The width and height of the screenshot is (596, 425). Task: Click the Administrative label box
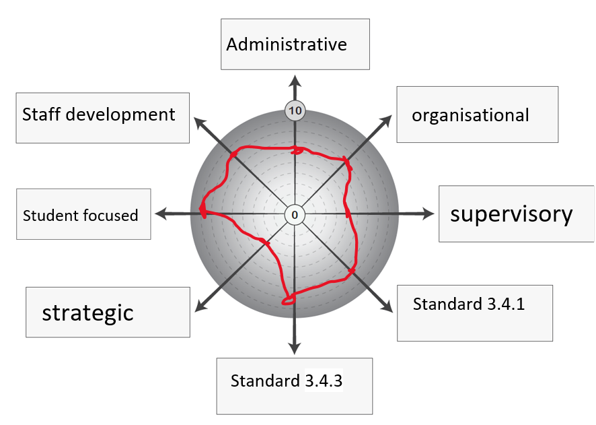[x=295, y=44]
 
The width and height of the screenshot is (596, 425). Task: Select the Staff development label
[x=102, y=115]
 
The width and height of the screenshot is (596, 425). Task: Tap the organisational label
[x=477, y=115]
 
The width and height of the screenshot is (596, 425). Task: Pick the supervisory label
[x=516, y=214]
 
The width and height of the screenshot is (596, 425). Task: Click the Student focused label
[x=83, y=215]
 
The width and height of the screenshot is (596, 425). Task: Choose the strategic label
[x=108, y=312]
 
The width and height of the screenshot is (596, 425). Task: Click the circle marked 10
[x=295, y=110]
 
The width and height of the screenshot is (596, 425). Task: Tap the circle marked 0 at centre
[x=294, y=215]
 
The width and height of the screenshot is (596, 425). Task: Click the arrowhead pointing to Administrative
[x=295, y=81]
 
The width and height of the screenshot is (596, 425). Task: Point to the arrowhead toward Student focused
[x=161, y=214]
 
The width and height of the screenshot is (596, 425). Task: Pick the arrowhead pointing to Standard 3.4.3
[x=294, y=348]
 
